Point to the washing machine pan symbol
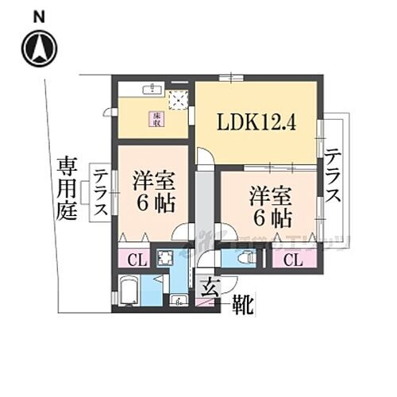click(168, 258)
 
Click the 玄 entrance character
click(209, 287)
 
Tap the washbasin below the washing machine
click(179, 300)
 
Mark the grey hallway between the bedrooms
click(204, 202)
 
